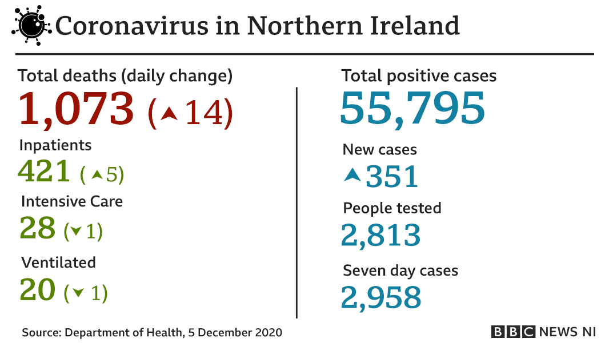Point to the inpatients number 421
45,170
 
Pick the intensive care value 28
38,228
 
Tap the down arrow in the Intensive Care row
75,232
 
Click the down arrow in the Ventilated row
78,293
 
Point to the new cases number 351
392,176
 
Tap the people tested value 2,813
380,235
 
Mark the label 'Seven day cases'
400,270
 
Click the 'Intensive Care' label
72,201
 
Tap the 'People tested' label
392,208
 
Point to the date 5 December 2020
235,332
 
